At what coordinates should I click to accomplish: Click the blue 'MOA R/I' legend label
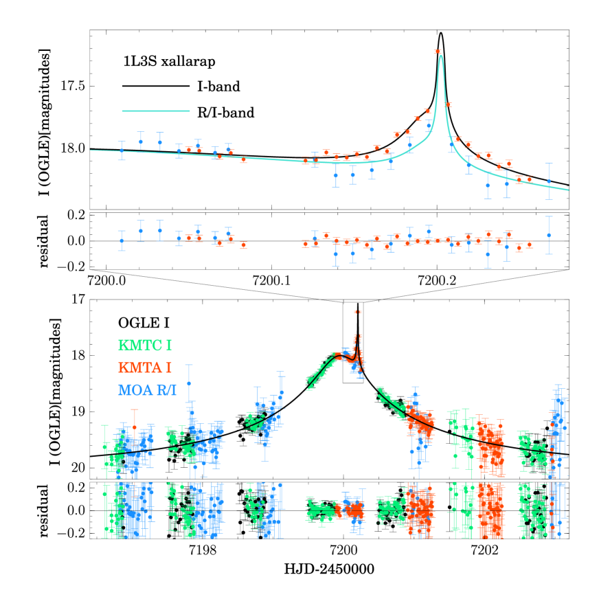coord(148,390)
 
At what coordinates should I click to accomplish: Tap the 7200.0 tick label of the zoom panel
coord(109,280)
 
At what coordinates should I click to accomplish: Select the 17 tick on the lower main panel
coord(79,299)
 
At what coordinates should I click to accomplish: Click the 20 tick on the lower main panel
coord(79,468)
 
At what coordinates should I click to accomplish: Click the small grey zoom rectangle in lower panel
coord(353,343)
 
